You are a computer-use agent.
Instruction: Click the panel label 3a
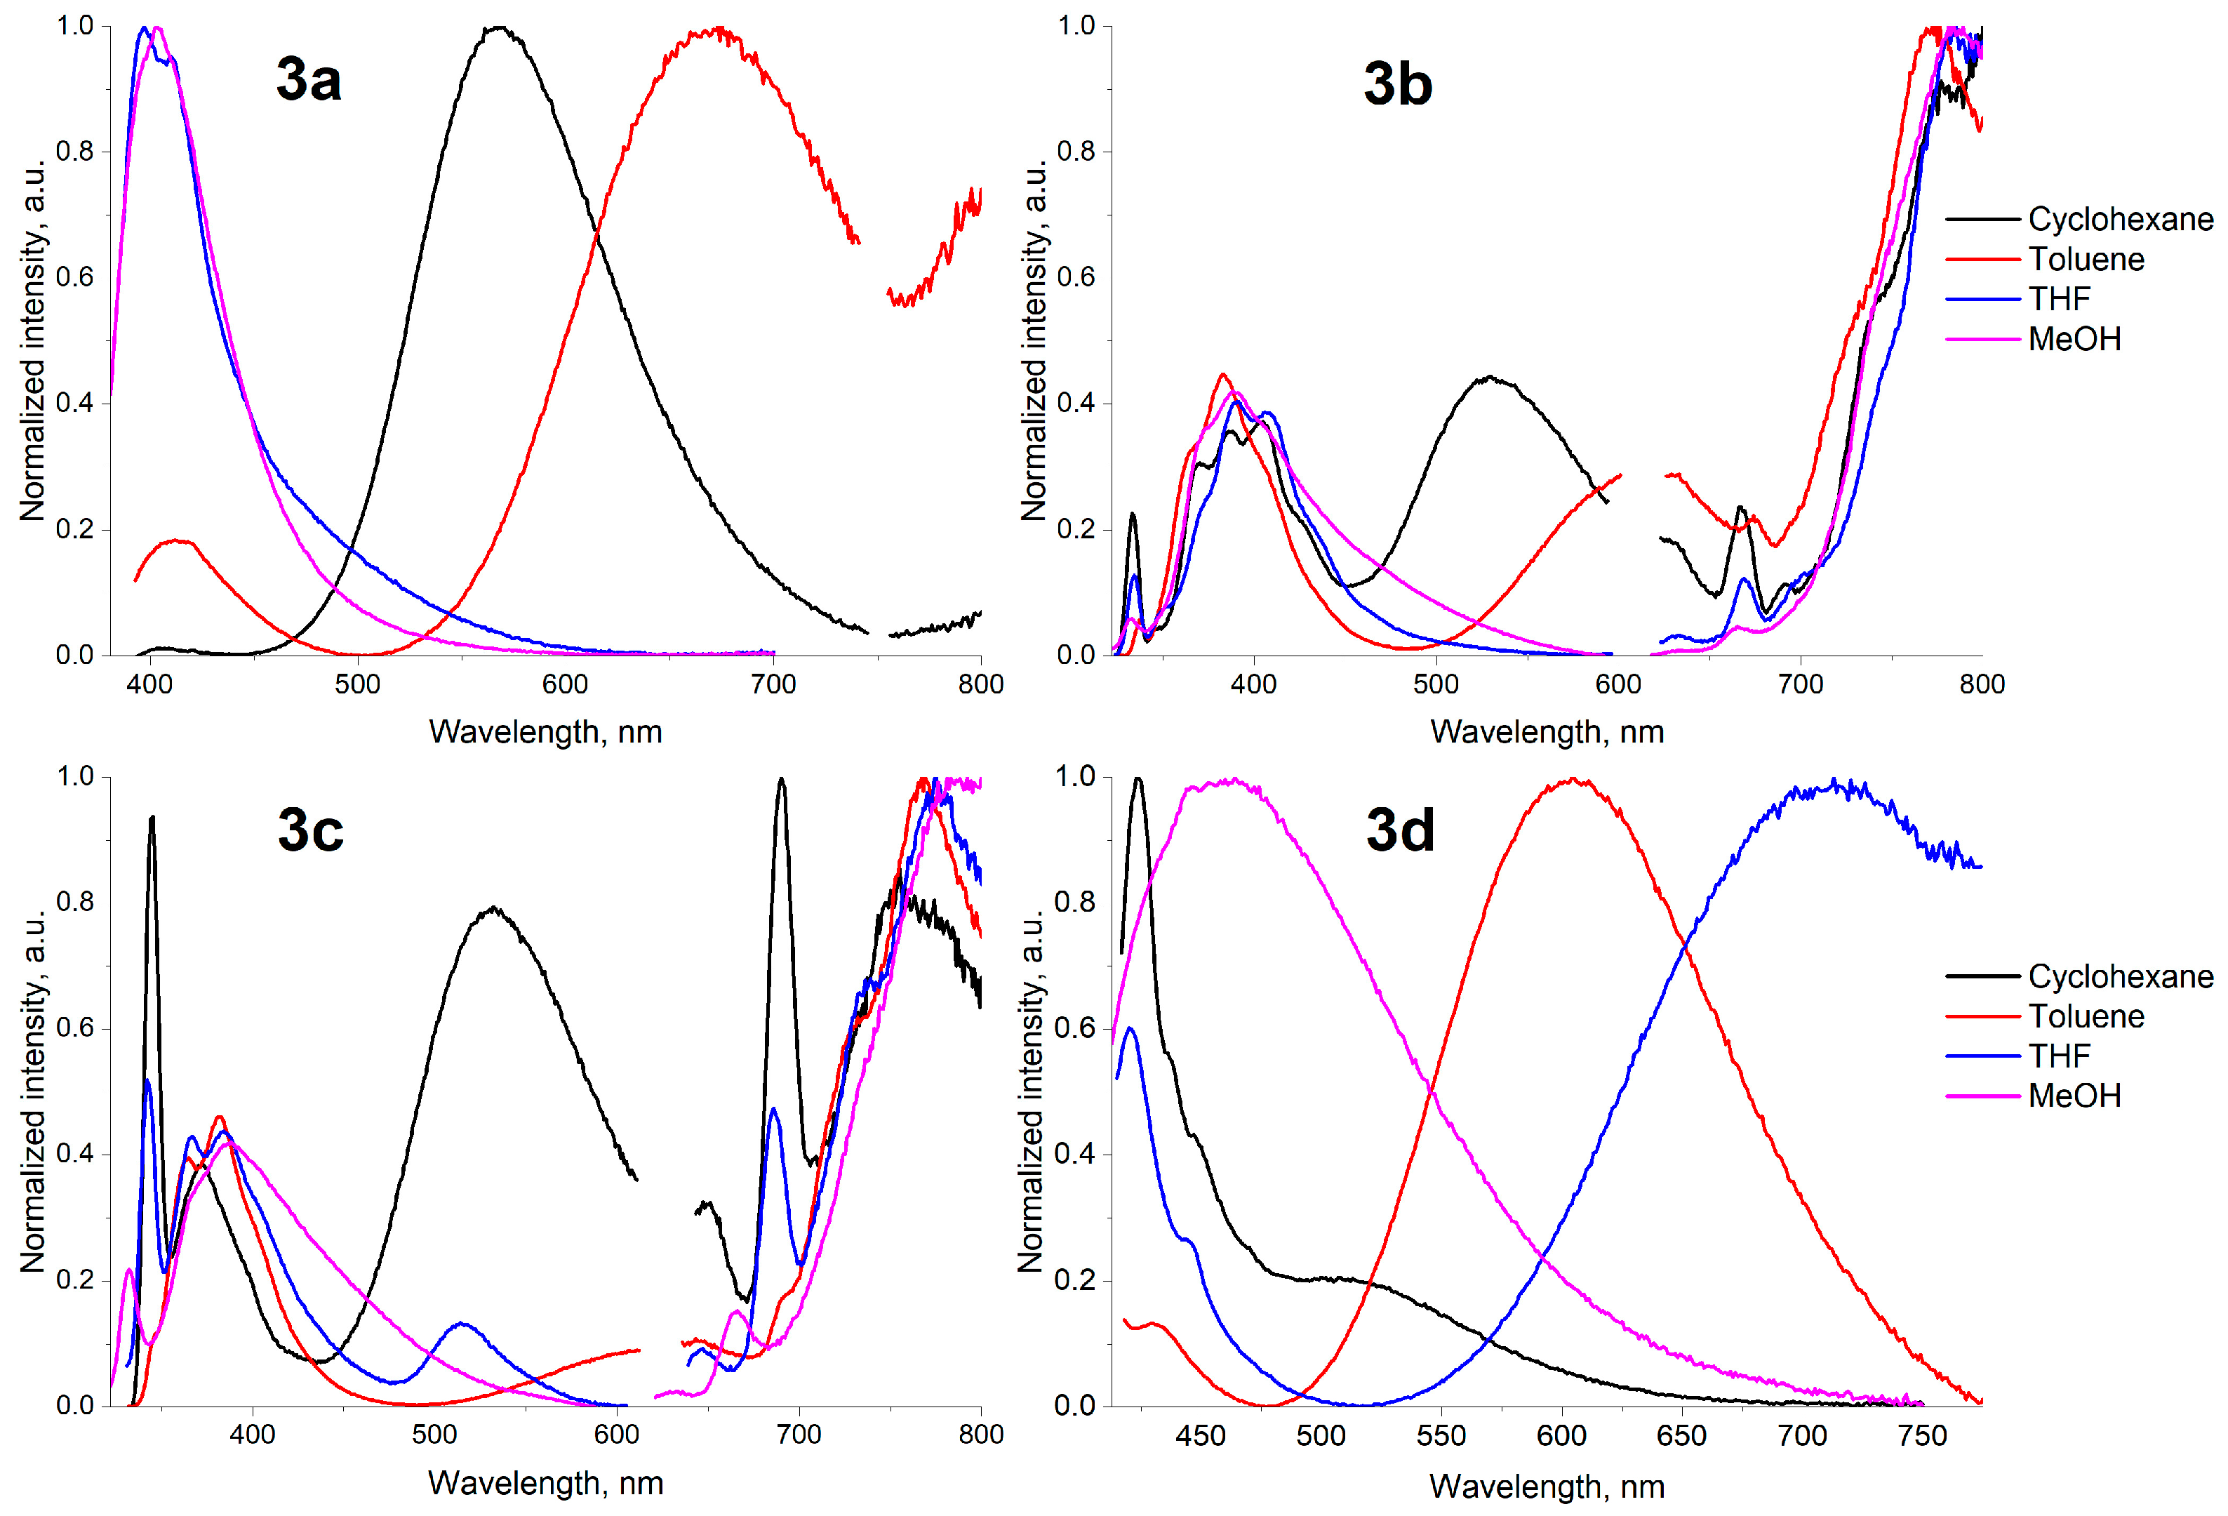pyautogui.click(x=308, y=79)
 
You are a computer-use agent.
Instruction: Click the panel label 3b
pyautogui.click(x=1397, y=84)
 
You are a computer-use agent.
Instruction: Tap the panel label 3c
pyautogui.click(x=309, y=830)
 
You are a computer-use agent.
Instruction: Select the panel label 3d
pyautogui.click(x=1400, y=830)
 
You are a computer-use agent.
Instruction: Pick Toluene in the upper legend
pyautogui.click(x=2085, y=259)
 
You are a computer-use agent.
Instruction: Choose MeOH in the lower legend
pyautogui.click(x=2074, y=1095)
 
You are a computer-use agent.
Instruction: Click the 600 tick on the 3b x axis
pyautogui.click(x=1618, y=684)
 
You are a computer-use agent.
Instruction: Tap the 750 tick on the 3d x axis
pyautogui.click(x=1922, y=1435)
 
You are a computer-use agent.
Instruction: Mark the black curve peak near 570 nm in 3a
pyautogui.click(x=498, y=28)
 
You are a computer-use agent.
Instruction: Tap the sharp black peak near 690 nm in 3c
pyautogui.click(x=781, y=780)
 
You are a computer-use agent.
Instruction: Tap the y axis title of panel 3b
pyautogui.click(x=1034, y=340)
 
